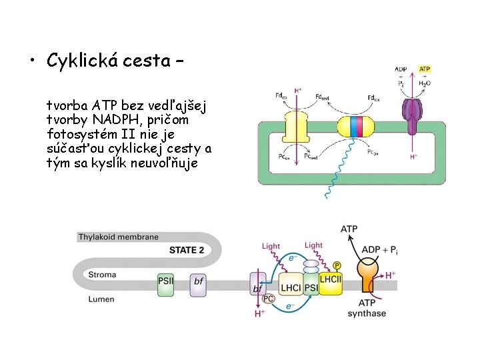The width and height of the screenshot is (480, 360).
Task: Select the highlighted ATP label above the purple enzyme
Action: [x=424, y=69]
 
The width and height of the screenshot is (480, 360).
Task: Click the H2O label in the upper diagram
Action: [x=424, y=84]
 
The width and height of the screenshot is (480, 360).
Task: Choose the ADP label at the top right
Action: [x=401, y=69]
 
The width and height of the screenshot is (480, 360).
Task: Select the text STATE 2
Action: [x=187, y=250]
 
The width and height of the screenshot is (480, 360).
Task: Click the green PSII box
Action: [x=166, y=281]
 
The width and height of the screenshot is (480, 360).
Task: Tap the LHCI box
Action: [x=291, y=288]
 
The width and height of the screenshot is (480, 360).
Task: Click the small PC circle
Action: [x=268, y=299]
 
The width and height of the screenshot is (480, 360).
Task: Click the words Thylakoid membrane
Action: [x=119, y=237]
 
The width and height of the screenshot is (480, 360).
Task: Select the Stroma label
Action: [x=103, y=274]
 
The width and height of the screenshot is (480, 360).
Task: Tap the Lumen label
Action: [x=101, y=299]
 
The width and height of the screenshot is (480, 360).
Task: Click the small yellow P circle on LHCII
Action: [x=337, y=265]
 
